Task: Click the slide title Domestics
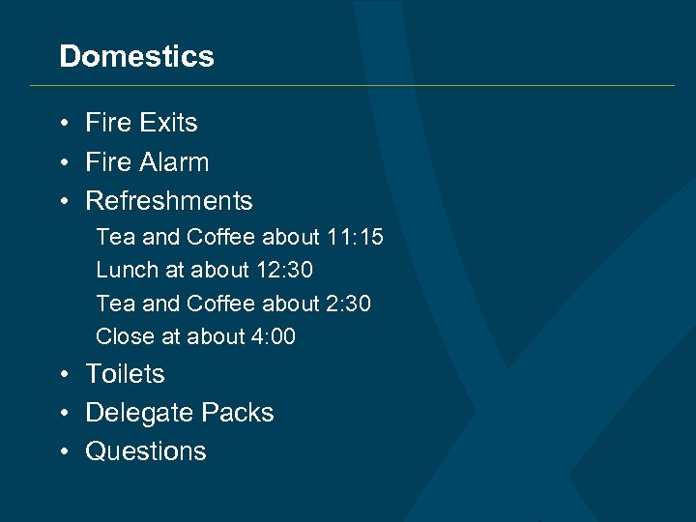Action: coord(136,56)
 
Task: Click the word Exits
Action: coord(168,123)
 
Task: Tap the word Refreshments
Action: coord(169,201)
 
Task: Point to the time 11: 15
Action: coord(355,237)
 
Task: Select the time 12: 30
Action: coord(285,271)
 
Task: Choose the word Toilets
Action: coord(125,374)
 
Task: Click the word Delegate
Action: coord(131,413)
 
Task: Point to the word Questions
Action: coord(146,451)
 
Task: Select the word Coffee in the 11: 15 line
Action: coord(221,237)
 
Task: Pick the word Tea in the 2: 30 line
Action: coord(115,304)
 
